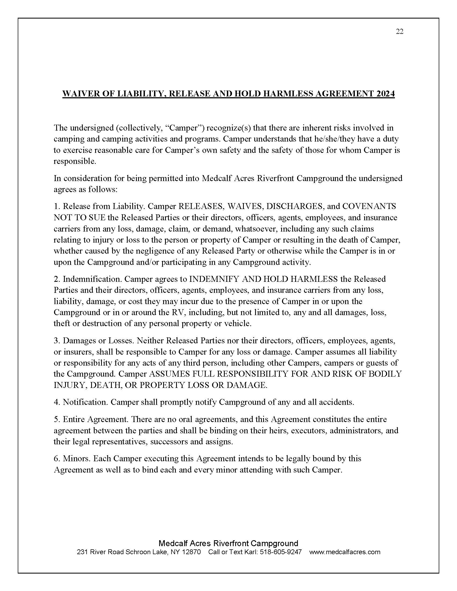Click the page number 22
tap(399, 32)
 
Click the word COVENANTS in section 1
tap(369, 206)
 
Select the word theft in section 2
tap(62, 323)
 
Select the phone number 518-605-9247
tap(281, 552)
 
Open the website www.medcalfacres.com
tap(345, 552)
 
